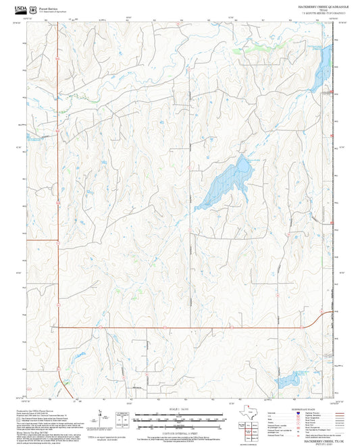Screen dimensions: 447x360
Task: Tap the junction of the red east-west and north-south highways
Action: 58,327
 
